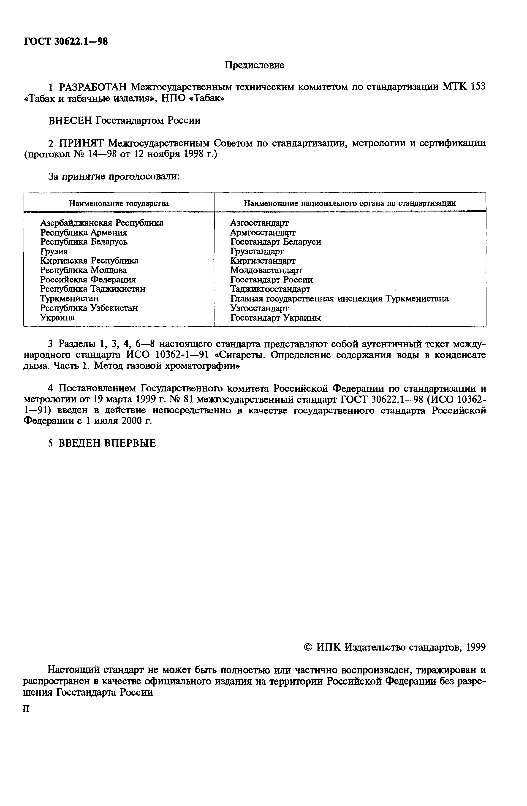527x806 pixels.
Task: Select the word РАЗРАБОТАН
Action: pyautogui.click(x=93, y=87)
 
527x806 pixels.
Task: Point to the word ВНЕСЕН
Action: pyautogui.click(x=71, y=121)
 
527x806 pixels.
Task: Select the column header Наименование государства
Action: pyautogui.click(x=119, y=203)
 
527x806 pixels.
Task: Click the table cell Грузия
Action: pyautogui.click(x=54, y=251)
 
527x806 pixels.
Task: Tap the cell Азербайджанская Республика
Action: pyautogui.click(x=102, y=223)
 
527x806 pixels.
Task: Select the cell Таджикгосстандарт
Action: pyautogui.click(x=270, y=289)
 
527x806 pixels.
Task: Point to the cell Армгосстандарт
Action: pyautogui.click(x=263, y=232)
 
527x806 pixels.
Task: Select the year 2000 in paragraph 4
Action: pyautogui.click(x=129, y=421)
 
